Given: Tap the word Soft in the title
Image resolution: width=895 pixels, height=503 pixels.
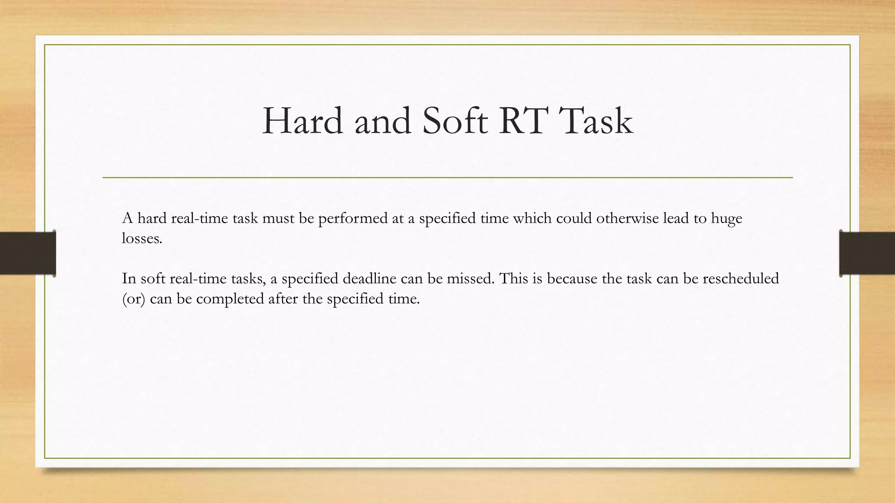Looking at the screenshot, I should pyautogui.click(x=454, y=121).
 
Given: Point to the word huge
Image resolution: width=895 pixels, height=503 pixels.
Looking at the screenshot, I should pyautogui.click(x=726, y=218).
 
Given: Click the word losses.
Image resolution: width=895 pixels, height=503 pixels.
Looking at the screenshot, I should pyautogui.click(x=142, y=238).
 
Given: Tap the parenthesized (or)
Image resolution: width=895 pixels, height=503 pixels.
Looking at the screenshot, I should pyautogui.click(x=133, y=299).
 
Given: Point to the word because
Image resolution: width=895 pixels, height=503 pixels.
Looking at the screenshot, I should pyautogui.click(x=572, y=278).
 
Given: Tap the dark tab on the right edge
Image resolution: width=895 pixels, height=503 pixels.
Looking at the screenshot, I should pyautogui.click(x=867, y=253).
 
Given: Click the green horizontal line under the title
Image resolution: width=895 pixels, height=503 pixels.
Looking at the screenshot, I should pyautogui.click(x=447, y=178).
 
